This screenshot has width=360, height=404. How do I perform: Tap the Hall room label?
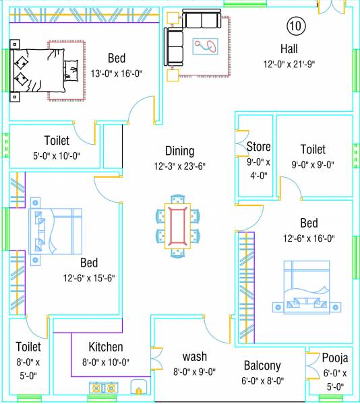coord(289,49)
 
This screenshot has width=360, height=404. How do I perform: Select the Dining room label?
coord(179,151)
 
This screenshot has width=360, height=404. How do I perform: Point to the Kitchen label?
coord(106,347)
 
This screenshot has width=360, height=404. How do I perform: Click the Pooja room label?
coord(334,358)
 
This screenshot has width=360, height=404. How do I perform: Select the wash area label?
coord(195,356)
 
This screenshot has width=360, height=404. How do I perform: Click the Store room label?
coord(258,147)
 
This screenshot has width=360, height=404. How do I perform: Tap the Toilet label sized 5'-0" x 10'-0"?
coord(57,141)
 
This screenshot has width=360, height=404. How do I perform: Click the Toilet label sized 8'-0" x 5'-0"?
coord(28,347)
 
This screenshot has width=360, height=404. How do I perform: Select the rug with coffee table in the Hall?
coord(206,47)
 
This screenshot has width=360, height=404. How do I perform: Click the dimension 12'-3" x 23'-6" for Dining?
coord(179,166)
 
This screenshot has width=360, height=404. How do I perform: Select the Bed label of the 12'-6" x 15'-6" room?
coord(89,263)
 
